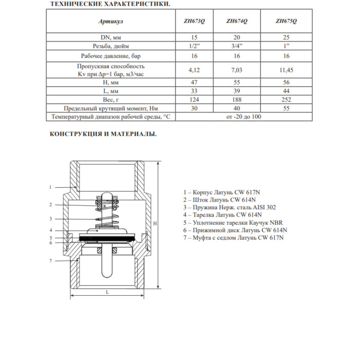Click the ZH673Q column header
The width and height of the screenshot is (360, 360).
coord(194,22)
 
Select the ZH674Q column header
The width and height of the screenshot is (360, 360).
coord(237,22)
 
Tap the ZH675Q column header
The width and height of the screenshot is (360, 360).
coord(286,22)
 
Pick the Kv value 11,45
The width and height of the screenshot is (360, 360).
coord(286,69)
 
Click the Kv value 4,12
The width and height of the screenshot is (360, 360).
coord(194,69)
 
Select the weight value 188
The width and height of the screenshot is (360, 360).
coord(237,99)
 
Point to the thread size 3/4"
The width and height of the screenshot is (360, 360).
coord(237,46)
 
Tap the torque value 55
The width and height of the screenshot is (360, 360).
coord(286,108)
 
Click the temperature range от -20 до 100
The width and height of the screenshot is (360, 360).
coord(243,117)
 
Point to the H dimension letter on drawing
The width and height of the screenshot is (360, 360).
coord(154,223)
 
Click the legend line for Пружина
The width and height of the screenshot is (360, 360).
coord(229,207)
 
